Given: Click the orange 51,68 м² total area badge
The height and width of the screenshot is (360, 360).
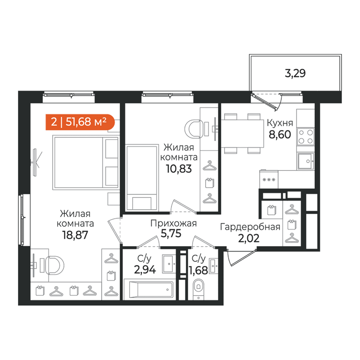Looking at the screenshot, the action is point(80,122).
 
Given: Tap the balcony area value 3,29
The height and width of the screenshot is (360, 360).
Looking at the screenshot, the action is point(295,73).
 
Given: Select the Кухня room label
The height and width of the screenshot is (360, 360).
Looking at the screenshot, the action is point(280,123).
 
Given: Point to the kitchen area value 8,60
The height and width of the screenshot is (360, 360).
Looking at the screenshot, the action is point(279,135).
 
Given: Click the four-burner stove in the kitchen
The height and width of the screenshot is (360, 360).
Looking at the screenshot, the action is point(306,137).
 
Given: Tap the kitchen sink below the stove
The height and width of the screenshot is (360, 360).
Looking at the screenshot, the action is point(306,161).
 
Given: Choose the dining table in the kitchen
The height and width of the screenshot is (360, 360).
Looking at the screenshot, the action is point(242,133).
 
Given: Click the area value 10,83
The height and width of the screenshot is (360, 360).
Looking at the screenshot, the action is point(179,169).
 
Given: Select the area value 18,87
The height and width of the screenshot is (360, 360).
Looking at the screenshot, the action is point(75,235).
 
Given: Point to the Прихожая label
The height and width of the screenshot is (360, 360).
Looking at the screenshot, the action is point(174,223).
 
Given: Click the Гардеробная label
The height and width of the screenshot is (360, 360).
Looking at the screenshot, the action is point(250,227).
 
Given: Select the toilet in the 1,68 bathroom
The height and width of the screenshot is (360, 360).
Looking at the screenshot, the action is point(198,287).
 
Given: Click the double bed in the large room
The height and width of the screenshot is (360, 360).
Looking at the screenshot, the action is point(86,162).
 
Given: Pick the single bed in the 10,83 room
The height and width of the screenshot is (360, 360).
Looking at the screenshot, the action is point(142,177).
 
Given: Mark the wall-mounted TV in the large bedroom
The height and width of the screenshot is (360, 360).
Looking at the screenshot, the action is point(35,162).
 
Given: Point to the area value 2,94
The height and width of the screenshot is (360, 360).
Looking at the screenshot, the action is point(145,270).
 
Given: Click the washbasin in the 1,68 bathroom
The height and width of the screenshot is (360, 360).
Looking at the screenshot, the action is point(213,266).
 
